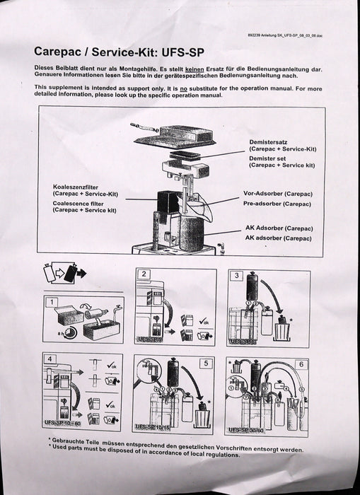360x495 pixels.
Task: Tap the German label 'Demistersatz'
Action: (x=267, y=142)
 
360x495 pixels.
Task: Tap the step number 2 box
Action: (x=144, y=274)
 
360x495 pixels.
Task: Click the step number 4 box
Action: (x=50, y=359)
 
